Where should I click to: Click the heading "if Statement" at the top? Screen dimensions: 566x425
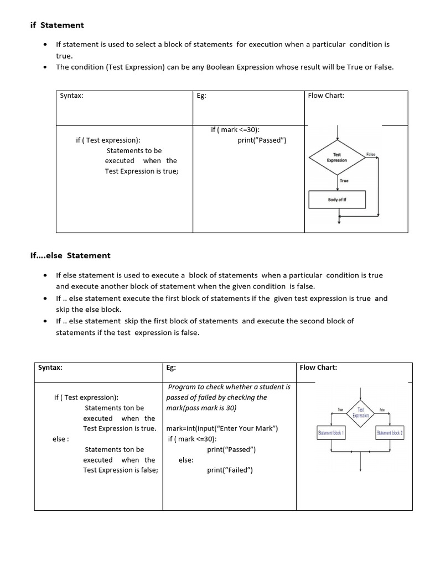(56, 25)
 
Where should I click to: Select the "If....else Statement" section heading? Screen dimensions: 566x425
(70, 255)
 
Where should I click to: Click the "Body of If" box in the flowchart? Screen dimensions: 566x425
(336, 200)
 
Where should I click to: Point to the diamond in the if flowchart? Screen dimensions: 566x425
(336, 158)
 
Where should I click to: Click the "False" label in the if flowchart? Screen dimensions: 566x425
(370, 154)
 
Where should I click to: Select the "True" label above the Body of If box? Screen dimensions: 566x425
(344, 181)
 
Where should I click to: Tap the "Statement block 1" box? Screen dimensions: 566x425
(331, 433)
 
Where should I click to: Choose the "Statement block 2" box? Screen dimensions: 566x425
(390, 433)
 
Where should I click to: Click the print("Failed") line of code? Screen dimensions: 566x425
(230, 470)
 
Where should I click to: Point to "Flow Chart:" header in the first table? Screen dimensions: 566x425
(326, 96)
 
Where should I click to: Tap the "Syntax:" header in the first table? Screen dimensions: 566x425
(71, 96)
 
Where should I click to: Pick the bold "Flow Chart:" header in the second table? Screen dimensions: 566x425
(318, 367)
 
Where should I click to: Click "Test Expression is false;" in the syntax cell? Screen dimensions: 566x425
(121, 470)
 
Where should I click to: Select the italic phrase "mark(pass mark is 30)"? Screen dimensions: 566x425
(201, 408)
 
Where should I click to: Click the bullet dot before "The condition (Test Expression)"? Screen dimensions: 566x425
(45, 67)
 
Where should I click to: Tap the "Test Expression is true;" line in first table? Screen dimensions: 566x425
(142, 171)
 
